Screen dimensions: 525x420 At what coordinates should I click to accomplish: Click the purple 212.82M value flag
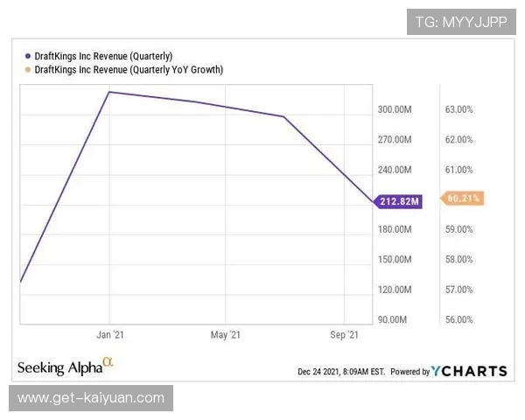pos(398,201)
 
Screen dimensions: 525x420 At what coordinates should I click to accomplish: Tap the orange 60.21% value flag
pos(462,199)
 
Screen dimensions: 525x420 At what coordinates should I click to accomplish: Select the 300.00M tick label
pos(395,109)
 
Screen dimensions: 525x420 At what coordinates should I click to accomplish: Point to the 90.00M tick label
pos(392,319)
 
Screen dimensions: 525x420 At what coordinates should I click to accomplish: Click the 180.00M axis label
pos(395,229)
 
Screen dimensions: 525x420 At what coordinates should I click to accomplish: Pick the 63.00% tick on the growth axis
pos(459,109)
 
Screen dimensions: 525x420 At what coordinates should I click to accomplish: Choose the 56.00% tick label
pos(459,319)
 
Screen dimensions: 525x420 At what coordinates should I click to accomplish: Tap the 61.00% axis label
pos(459,170)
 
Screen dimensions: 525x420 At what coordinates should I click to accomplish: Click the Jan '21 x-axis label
pos(110,334)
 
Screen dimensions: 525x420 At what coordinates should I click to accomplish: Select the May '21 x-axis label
pos(226,334)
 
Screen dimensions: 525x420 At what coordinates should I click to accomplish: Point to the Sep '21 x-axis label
pos(344,334)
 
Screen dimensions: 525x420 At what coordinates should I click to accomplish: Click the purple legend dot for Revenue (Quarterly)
pos(28,56)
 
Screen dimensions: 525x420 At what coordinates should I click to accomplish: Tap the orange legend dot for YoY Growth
pos(28,70)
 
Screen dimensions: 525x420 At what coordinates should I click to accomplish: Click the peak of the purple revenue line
pos(109,92)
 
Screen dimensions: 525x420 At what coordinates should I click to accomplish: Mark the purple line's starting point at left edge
pos(21,282)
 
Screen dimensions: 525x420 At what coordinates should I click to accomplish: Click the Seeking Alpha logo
pos(66,367)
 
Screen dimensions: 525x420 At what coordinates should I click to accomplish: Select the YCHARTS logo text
pos(469,371)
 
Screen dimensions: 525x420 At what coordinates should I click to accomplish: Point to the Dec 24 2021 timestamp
pos(341,372)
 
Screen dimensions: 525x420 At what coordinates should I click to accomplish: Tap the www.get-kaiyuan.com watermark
pos(91,398)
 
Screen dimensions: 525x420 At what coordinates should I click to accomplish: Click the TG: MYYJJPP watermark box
pos(461,22)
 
